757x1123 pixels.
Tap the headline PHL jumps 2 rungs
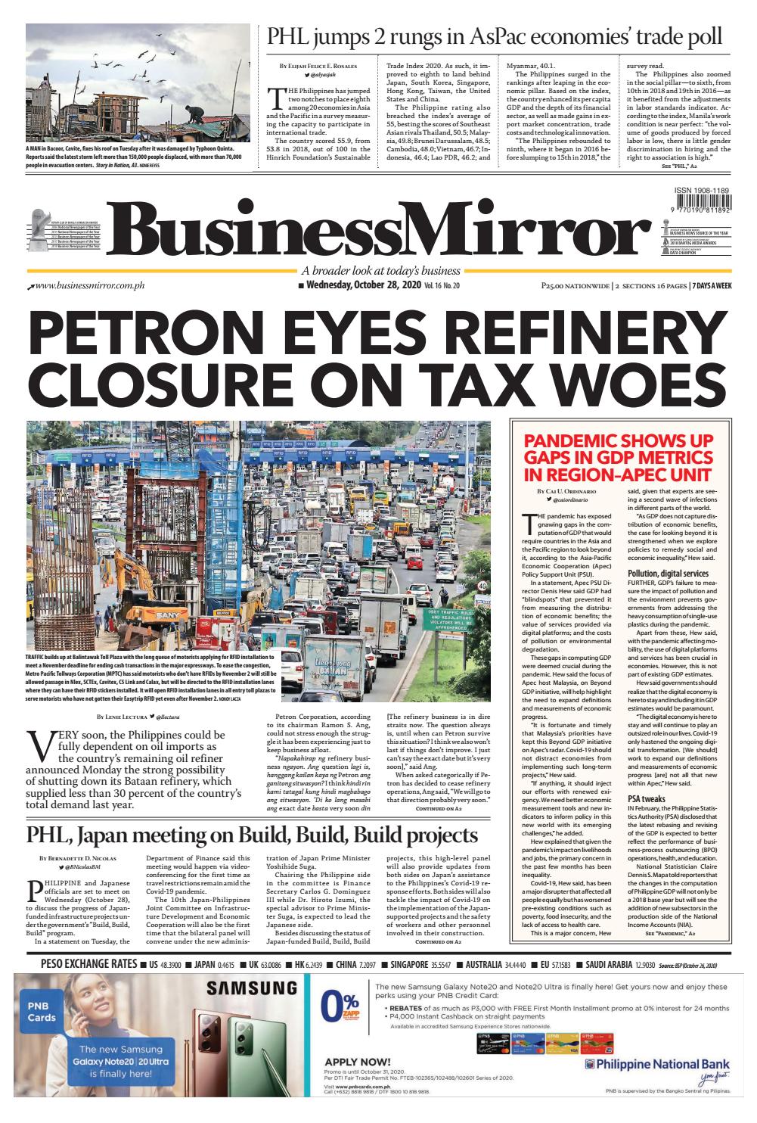tap(492, 37)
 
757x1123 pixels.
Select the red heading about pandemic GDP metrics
tap(618, 457)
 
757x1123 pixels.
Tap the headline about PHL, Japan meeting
tap(253, 835)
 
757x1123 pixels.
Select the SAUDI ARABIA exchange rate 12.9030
tap(645, 965)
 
